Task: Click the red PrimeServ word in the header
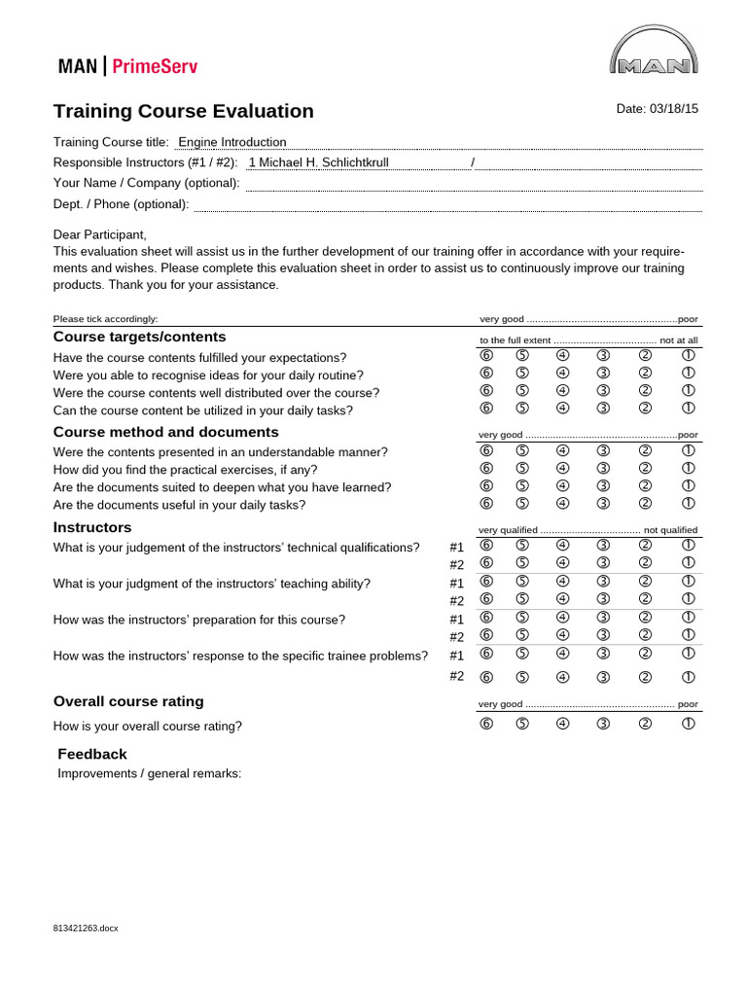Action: tap(156, 67)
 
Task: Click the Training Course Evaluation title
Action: tap(184, 111)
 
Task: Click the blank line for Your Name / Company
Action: tap(474, 183)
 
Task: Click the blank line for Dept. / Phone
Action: tap(447, 204)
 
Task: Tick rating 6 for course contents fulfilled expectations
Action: tap(486, 356)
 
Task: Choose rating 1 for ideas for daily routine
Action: tap(688, 373)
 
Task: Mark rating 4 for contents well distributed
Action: tap(562, 391)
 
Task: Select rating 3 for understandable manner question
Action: tap(603, 450)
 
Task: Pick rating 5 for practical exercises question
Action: tap(522, 468)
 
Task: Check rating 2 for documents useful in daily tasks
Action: tap(644, 503)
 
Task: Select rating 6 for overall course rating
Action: tap(486, 723)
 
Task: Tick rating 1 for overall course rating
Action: tap(688, 723)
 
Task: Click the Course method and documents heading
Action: tap(165, 432)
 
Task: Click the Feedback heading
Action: tap(92, 754)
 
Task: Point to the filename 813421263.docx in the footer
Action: tap(86, 929)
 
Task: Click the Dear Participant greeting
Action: tap(99, 234)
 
